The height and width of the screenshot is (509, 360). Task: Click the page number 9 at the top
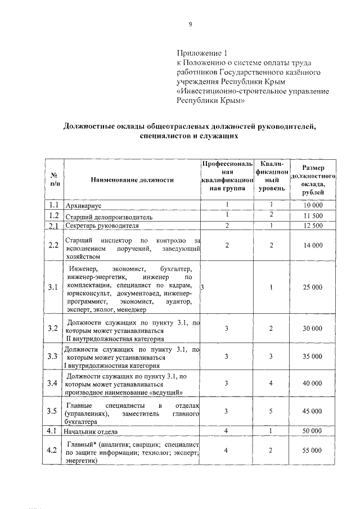click(x=190, y=24)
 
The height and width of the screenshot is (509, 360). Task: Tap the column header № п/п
click(x=54, y=179)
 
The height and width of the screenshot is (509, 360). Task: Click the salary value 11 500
click(x=313, y=215)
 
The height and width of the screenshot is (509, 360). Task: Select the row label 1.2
click(x=54, y=215)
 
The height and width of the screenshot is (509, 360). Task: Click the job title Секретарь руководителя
click(x=105, y=226)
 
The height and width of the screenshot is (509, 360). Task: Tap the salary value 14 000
click(x=313, y=246)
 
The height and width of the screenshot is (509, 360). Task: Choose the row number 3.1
click(x=54, y=287)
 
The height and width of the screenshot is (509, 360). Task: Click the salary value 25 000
click(x=313, y=287)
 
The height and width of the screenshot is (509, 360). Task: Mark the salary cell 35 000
click(x=313, y=357)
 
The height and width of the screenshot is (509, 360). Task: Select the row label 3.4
click(x=54, y=384)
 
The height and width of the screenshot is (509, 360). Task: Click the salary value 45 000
click(x=313, y=411)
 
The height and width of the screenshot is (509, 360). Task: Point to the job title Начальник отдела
click(x=91, y=432)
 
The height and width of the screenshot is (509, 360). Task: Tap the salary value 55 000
click(x=313, y=451)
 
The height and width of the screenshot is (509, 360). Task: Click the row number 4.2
click(x=54, y=451)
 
